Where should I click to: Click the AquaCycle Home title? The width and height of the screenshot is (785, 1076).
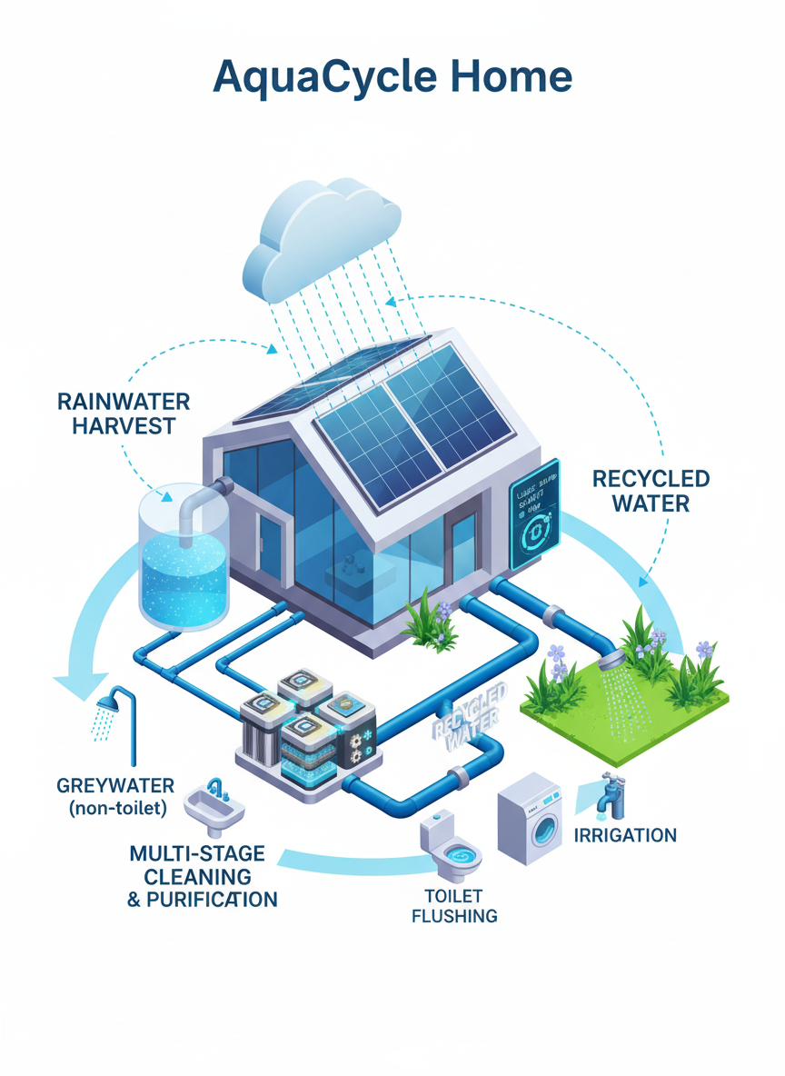tap(392, 78)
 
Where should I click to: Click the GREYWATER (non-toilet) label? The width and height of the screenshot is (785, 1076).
tap(114, 796)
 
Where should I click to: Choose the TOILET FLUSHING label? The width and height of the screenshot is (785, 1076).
tap(454, 905)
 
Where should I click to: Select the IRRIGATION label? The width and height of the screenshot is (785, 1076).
tap(626, 834)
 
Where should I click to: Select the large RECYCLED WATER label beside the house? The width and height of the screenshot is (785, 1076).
tap(651, 490)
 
